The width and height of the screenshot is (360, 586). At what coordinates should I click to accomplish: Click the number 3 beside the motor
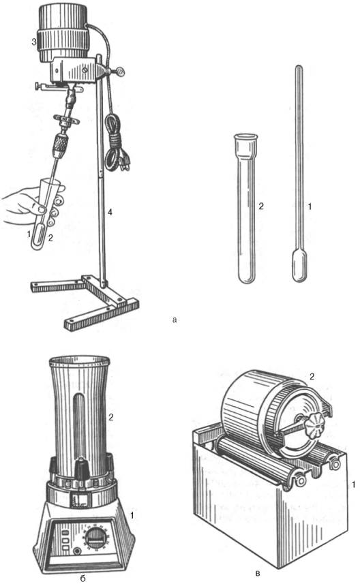[x=33, y=42]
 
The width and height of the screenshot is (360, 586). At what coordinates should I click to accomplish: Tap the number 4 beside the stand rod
[x=110, y=213]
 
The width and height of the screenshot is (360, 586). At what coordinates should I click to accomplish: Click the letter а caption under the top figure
[x=175, y=320]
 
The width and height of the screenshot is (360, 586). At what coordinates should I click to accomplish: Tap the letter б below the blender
[x=82, y=579]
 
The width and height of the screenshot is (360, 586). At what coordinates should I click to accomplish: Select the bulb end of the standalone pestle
[x=299, y=266]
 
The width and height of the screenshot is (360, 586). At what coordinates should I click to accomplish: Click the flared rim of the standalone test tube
[x=245, y=137]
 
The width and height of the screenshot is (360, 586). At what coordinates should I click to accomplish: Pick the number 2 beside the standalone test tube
[x=261, y=206]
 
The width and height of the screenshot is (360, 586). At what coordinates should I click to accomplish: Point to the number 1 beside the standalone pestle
[x=310, y=206]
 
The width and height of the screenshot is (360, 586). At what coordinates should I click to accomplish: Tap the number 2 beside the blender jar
[x=110, y=417]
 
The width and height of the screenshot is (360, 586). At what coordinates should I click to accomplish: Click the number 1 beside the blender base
[x=132, y=515]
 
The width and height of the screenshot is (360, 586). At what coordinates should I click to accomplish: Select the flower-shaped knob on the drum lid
[x=313, y=427]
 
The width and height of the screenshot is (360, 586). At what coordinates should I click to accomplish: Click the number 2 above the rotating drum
[x=312, y=377]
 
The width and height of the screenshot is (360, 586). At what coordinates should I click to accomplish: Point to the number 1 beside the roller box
[x=353, y=484]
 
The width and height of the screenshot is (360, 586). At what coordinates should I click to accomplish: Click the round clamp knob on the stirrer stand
[x=121, y=70]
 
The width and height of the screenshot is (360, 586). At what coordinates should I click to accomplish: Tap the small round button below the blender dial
[x=77, y=551]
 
